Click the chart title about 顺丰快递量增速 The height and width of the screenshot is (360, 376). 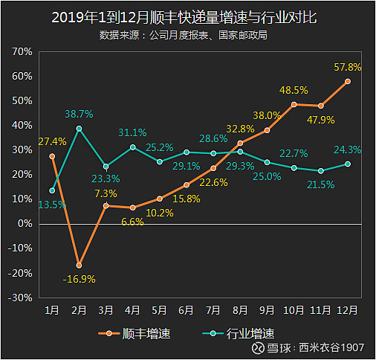[x=187, y=17]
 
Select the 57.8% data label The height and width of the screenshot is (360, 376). [x=348, y=67]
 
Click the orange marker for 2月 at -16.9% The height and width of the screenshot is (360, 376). [x=79, y=266]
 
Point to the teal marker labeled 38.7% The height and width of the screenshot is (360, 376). [x=79, y=129]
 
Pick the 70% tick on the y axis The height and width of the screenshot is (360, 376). [x=22, y=52]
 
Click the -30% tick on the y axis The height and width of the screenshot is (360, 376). [x=21, y=297]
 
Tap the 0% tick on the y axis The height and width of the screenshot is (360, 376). [x=25, y=223]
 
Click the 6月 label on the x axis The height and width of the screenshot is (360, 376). [x=187, y=309]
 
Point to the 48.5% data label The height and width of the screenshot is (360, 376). [x=294, y=91]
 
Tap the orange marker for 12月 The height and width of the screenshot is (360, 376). [x=348, y=81]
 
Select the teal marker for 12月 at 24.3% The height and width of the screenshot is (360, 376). [x=348, y=164]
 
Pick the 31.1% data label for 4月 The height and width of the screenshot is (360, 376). [x=132, y=132]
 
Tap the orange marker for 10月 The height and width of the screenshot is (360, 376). [x=294, y=105]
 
